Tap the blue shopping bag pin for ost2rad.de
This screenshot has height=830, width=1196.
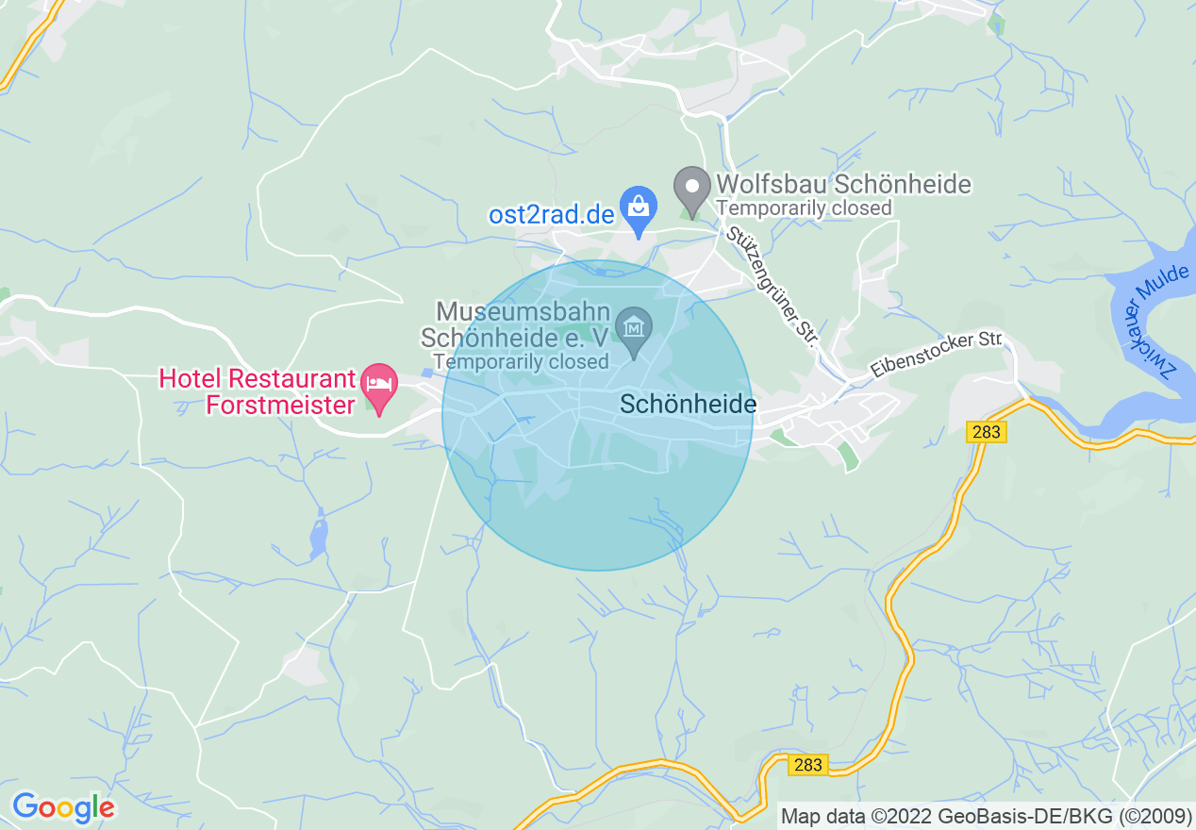click(639, 207)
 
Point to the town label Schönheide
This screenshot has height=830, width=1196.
click(689, 404)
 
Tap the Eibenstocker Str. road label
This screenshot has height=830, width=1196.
click(936, 353)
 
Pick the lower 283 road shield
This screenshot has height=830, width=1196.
click(808, 765)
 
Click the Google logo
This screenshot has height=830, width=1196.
click(63, 807)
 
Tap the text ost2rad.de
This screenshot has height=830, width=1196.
click(552, 214)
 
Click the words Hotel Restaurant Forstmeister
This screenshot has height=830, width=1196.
click(257, 391)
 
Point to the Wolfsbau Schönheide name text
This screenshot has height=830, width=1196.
click(843, 184)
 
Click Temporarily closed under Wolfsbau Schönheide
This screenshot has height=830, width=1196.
click(804, 207)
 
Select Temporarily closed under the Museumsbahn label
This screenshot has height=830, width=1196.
click(521, 361)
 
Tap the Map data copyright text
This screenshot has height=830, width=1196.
click(987, 816)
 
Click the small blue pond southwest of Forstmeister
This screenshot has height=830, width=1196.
click(318, 537)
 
